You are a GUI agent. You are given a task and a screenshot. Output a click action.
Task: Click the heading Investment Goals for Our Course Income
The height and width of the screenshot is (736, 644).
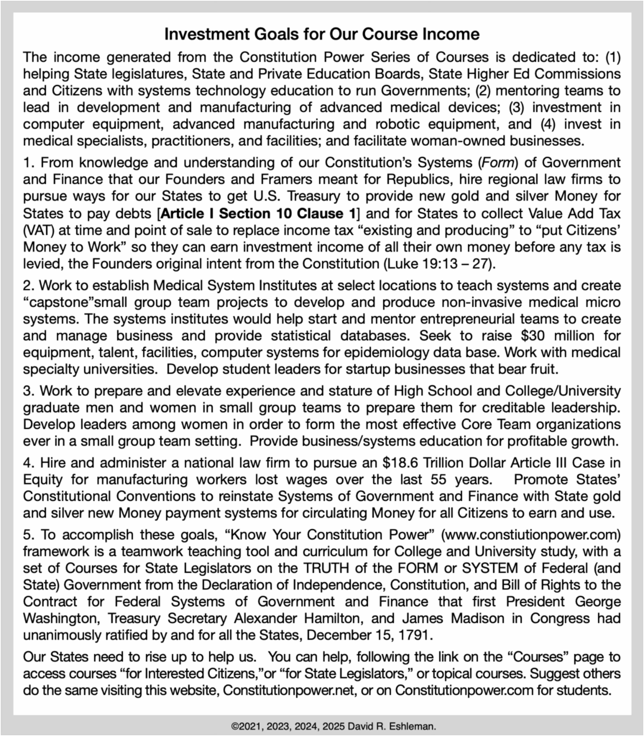coord(321,34)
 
